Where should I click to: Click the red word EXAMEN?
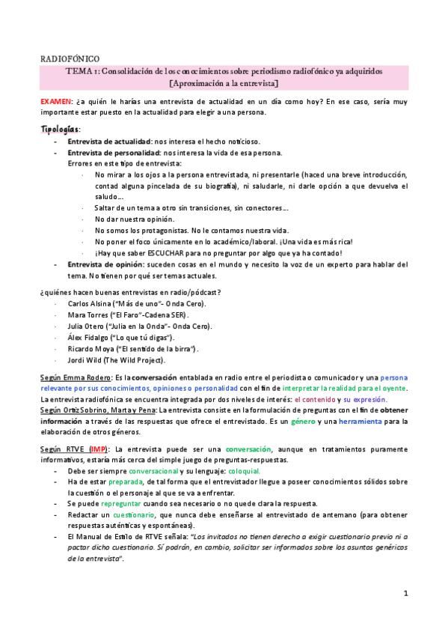pyautogui.click(x=55, y=100)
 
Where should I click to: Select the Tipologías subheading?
pyautogui.click(x=59, y=129)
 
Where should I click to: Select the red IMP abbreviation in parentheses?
pyautogui.click(x=98, y=449)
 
